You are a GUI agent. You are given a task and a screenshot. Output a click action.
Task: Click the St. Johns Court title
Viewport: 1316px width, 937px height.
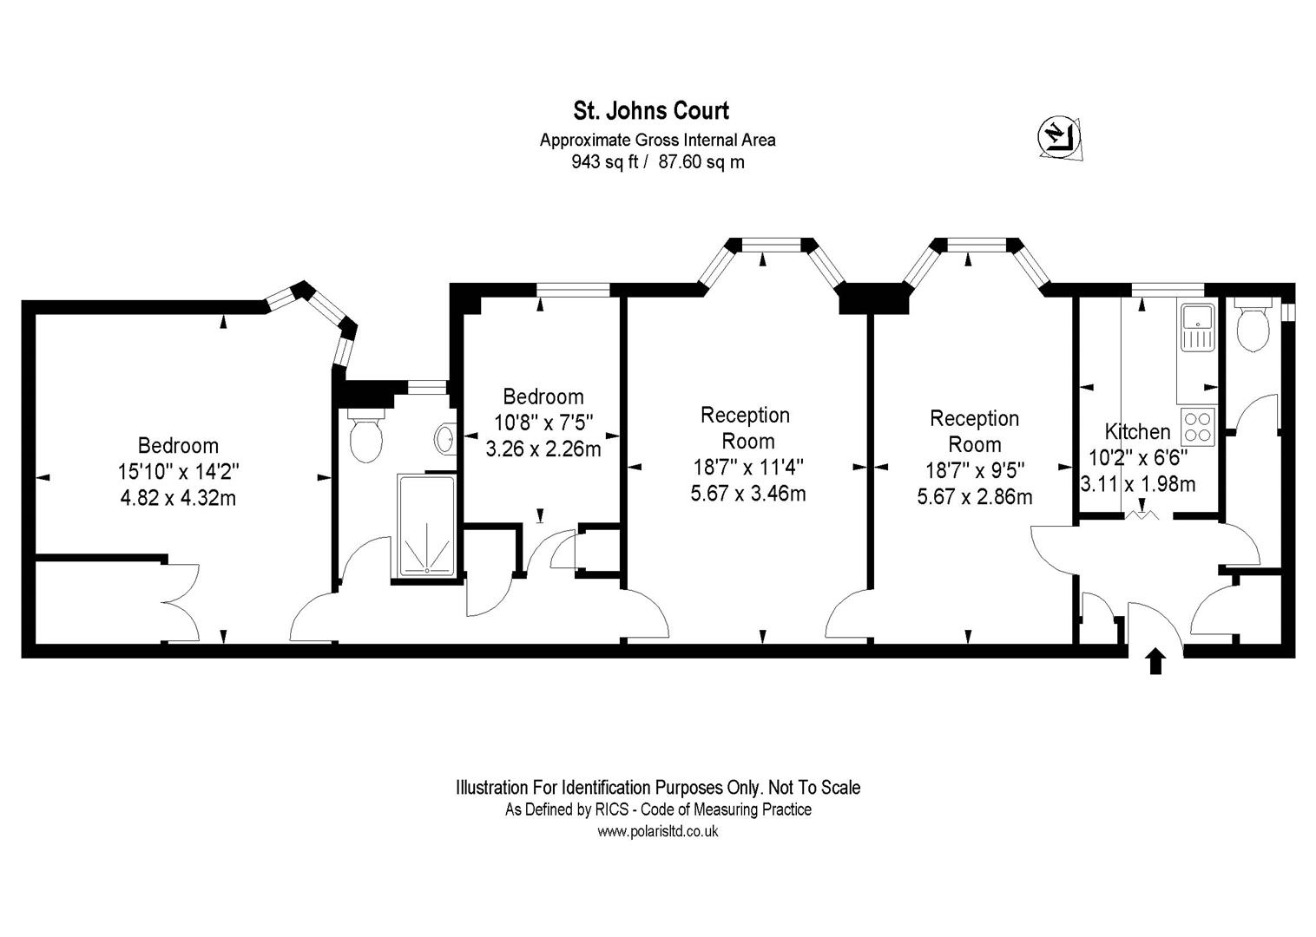coord(650,110)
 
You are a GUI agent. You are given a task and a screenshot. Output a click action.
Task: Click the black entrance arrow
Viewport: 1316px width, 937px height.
coord(1155,661)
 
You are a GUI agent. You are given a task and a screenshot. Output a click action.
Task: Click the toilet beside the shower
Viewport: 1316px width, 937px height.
coord(366,438)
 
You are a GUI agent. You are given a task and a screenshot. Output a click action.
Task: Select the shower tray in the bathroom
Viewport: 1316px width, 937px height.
coord(426,526)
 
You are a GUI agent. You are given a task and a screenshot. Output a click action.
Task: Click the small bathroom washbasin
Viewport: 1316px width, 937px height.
coord(445,438)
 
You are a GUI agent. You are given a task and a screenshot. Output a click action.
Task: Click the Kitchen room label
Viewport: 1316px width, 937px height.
coord(1137,431)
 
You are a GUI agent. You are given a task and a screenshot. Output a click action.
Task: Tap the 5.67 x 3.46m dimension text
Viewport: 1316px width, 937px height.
coord(748,494)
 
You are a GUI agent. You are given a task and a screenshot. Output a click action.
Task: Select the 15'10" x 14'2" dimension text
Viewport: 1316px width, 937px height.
coord(178,472)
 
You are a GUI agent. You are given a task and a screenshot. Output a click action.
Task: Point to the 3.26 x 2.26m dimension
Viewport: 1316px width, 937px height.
coord(543,449)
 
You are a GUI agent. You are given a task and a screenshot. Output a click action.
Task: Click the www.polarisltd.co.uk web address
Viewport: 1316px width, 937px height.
coord(658,831)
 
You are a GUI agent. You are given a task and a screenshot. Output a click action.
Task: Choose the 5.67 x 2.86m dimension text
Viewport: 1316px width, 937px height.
coord(975,497)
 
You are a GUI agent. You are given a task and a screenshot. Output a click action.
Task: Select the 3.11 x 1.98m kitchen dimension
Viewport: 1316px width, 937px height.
coord(1137,484)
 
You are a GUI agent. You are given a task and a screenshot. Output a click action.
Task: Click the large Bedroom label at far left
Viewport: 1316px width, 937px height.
coord(178,445)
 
